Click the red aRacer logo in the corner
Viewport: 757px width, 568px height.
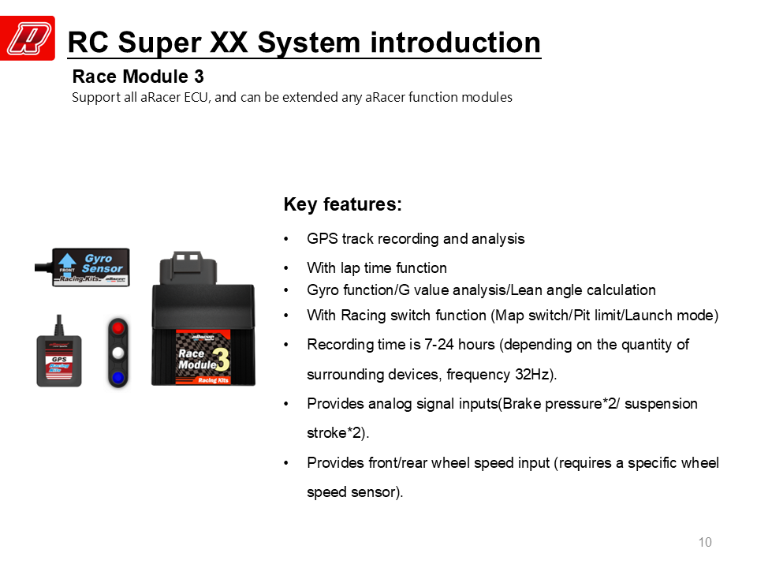click(x=28, y=38)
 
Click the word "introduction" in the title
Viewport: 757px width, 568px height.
click(x=455, y=43)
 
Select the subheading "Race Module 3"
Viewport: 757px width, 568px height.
click(x=138, y=77)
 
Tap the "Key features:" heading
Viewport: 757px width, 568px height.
click(x=343, y=204)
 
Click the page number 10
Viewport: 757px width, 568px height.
click(x=705, y=543)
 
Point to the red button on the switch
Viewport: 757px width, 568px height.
click(x=118, y=328)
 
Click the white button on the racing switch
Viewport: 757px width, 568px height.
click(x=118, y=353)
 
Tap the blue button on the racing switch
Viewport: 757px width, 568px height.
click(x=118, y=378)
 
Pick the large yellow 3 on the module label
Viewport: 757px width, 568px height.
click(x=222, y=361)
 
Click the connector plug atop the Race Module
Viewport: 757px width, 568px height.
click(x=188, y=267)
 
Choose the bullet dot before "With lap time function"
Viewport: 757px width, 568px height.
click(x=286, y=268)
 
